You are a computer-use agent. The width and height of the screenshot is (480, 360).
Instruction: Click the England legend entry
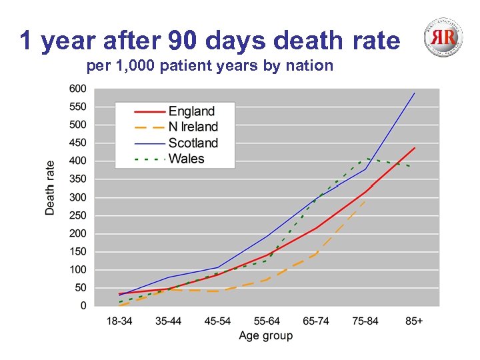[191, 111]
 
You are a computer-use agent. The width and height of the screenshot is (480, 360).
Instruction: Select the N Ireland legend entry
[193, 127]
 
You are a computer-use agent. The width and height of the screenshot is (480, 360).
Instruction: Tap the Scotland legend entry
[193, 143]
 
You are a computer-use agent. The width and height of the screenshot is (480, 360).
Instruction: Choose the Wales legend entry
[186, 159]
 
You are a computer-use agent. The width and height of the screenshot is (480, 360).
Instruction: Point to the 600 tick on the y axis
[77, 89]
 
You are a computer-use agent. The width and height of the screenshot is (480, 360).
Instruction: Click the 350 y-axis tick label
[77, 179]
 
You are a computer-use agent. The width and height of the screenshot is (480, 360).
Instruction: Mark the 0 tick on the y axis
[83, 306]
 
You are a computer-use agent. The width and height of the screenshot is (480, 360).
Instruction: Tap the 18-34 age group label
[120, 321]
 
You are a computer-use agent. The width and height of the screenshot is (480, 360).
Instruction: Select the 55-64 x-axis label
[267, 321]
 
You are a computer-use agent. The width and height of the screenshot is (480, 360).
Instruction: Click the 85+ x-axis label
[414, 321]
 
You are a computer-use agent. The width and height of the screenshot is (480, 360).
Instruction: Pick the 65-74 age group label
[316, 321]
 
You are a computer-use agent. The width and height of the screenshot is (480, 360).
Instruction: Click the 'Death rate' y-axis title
[51, 187]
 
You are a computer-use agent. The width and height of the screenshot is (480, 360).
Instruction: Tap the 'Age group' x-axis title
[266, 335]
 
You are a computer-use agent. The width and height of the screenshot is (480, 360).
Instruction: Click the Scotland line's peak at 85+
[415, 93]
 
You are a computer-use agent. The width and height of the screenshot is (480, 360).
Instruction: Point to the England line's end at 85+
[415, 148]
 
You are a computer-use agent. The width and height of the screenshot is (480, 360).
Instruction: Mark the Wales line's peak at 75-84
[366, 159]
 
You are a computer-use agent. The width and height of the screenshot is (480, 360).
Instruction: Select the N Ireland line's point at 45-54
[218, 291]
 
